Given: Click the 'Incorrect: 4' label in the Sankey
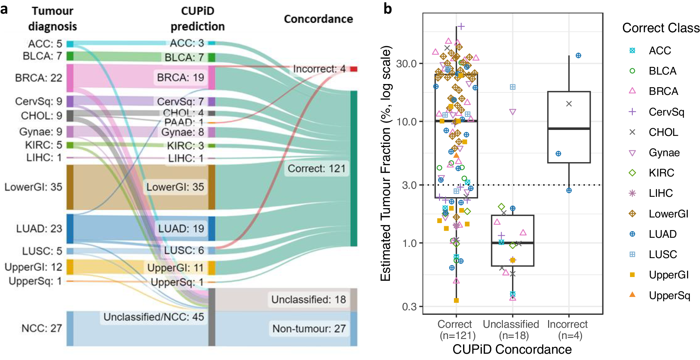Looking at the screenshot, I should point(319,69).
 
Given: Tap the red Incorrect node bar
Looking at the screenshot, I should point(354,69).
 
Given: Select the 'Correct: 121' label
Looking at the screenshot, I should point(316,168).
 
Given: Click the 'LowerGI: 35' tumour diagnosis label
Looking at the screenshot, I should point(33,187).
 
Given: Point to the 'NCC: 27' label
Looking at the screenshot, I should point(42,328).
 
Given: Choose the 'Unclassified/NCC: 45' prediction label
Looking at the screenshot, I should point(154,317).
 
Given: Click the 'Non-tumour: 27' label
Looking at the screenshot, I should point(309,329).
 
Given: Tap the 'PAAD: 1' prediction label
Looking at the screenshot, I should point(184,122).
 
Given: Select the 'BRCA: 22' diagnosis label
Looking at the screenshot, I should point(38,78).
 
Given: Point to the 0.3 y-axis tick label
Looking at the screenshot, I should point(409,307).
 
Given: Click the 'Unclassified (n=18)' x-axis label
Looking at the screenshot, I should point(511,330).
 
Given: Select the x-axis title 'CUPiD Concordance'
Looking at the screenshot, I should point(512,349).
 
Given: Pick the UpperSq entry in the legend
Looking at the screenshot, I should point(669,295).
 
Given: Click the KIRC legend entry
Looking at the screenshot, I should point(661,173).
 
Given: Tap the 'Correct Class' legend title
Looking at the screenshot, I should point(660,28).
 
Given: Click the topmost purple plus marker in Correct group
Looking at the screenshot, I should point(461,26).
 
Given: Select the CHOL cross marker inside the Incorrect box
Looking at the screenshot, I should point(569,104).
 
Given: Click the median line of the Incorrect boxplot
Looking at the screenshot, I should point(569,129).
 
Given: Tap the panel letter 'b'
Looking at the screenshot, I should point(387,8).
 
